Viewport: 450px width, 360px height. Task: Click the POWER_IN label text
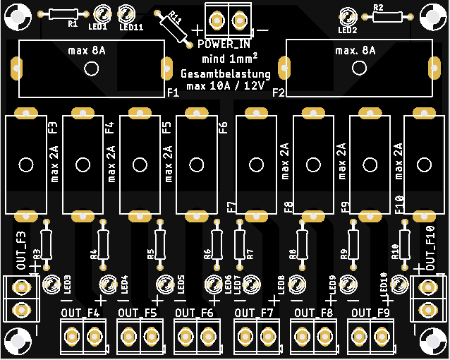[220, 45]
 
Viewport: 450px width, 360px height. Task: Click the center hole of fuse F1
[91, 68]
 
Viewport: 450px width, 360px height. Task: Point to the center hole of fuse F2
[359, 67]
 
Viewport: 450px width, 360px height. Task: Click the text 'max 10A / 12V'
[226, 86]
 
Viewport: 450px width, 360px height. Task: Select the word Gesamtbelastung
[226, 74]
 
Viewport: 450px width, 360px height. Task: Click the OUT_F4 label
[80, 313]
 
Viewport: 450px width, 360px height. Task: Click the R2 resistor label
[378, 8]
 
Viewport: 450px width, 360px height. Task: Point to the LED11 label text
[131, 28]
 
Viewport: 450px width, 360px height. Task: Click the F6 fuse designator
[224, 128]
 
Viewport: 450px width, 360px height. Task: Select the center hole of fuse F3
[26, 164]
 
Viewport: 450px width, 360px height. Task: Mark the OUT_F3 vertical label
[22, 250]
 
